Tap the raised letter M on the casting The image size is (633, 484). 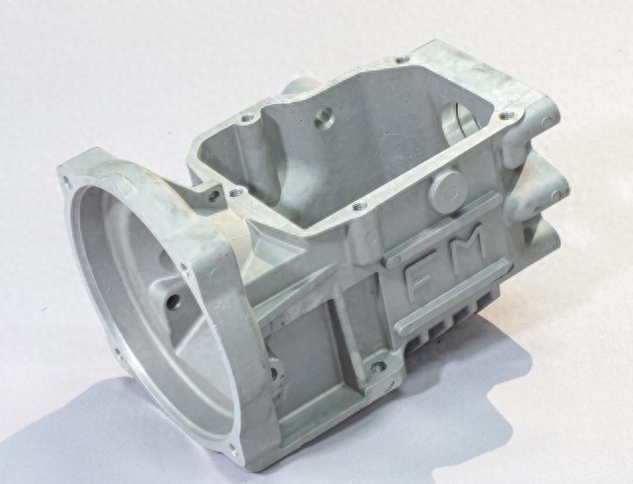pos(469,242)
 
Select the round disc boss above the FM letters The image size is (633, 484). pos(447,189)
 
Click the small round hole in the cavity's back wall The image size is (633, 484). pos(323,118)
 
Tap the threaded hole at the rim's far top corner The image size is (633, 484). pos(400,60)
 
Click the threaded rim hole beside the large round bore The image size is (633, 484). pos(504,116)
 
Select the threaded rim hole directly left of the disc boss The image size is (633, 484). pos(357,207)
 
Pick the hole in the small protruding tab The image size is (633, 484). pos(213,196)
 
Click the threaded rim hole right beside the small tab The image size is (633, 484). pos(233,193)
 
